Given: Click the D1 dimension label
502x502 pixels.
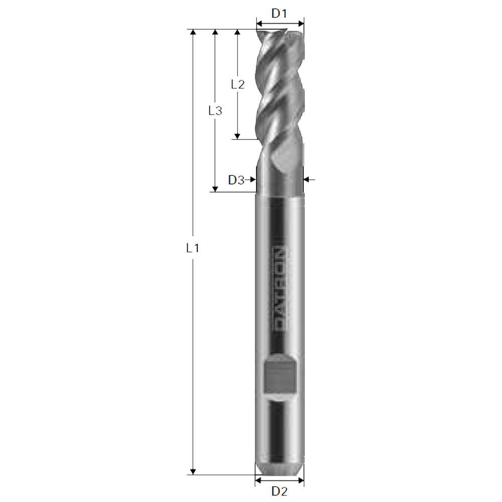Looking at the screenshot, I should click(x=279, y=13).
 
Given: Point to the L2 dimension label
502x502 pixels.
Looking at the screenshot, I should click(x=237, y=84).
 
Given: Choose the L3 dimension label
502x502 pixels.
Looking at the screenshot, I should click(x=215, y=110).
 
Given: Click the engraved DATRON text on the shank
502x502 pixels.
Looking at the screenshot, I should click(x=280, y=289).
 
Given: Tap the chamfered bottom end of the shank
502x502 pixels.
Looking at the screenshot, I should click(x=279, y=469).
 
